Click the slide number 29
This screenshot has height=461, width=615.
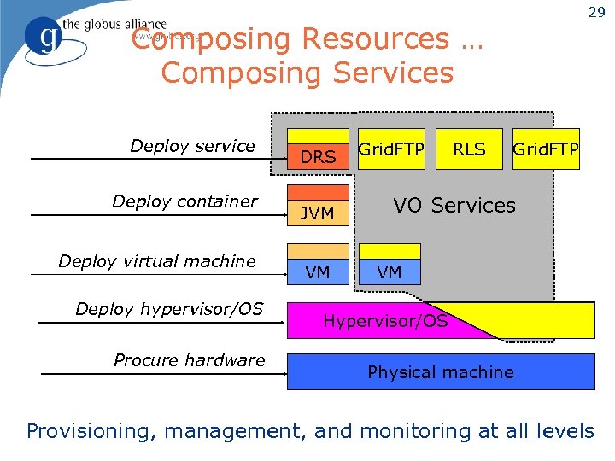pos(597,12)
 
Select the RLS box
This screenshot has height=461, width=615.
pos(469,149)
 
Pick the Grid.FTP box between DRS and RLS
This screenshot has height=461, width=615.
pos(391,149)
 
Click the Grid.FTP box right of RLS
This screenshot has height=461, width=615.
pos(546,149)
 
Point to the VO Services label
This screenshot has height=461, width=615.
pos(454,206)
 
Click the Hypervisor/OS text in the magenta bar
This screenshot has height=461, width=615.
pos(385,322)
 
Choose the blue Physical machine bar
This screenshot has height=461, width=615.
pos(441,372)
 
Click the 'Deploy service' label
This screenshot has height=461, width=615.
pos(192,146)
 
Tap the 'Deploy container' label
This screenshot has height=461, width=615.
pos(184,201)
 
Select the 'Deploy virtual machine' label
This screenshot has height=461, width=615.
pos(157,261)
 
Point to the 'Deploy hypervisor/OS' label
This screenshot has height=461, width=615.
pos(169,309)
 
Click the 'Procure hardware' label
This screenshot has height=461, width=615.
pos(189,360)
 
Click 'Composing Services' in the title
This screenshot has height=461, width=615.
pos(307,73)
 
